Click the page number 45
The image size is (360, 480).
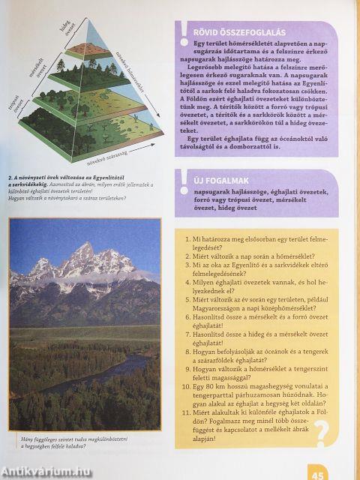click(318, 473)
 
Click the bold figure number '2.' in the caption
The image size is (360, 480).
click(11, 178)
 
